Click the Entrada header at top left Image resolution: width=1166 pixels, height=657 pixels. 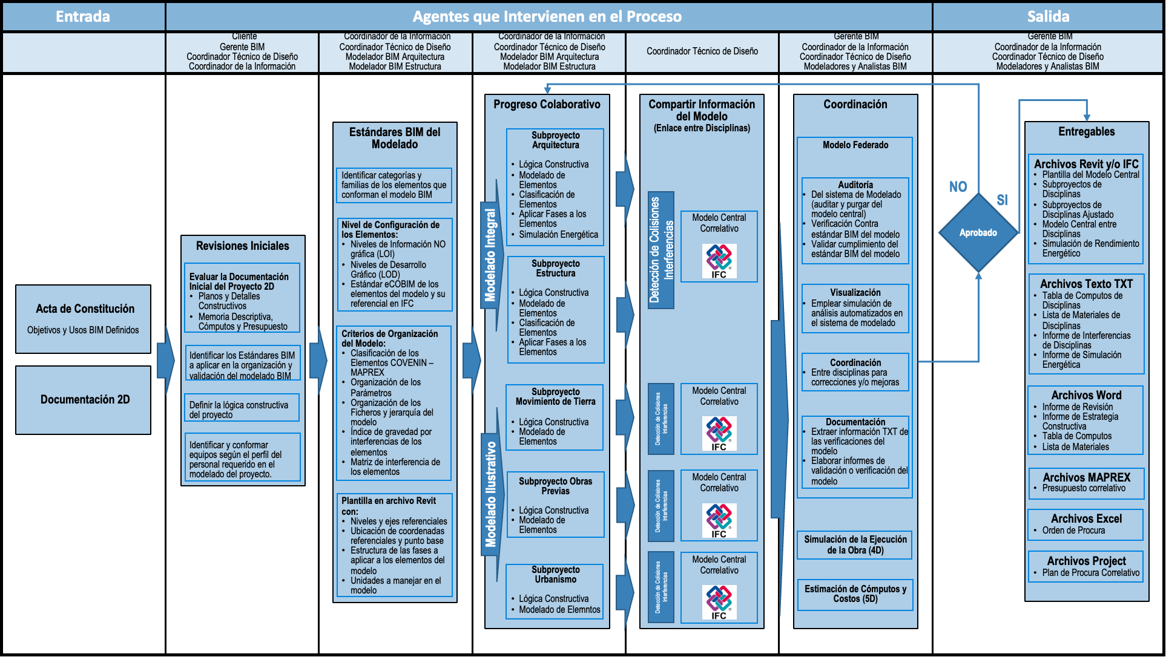point(83,16)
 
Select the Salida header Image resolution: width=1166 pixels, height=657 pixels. point(1048,16)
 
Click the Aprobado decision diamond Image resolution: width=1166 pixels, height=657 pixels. point(978,233)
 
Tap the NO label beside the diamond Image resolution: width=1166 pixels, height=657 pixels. point(958,187)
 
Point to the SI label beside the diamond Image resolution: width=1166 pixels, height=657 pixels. point(1002,200)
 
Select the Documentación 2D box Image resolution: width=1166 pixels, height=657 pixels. point(84,400)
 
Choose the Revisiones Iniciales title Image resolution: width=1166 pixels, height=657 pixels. point(242,246)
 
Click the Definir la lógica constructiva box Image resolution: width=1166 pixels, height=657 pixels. point(242,410)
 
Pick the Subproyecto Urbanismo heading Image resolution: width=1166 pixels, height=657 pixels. point(555,575)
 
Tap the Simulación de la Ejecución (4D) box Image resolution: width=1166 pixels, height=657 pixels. point(855,544)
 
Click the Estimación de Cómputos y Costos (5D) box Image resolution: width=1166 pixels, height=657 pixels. point(855,594)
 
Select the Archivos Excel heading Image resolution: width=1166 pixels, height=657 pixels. point(1086,518)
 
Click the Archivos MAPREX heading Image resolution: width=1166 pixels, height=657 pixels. point(1086,477)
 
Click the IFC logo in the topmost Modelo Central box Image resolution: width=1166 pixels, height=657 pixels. point(719,261)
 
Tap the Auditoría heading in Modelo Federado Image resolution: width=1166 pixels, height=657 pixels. point(855,185)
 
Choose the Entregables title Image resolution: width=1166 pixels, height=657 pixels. point(1086,132)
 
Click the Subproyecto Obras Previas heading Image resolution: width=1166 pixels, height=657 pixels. point(555,486)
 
